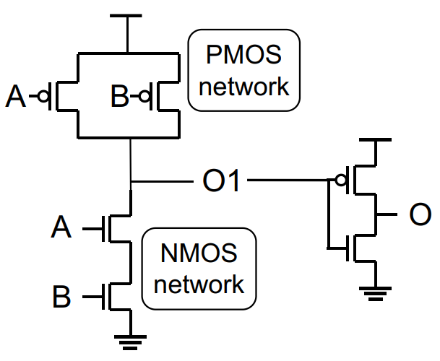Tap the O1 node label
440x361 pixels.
[x=221, y=180]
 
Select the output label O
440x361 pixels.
[x=420, y=214]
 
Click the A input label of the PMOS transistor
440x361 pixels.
[x=16, y=96]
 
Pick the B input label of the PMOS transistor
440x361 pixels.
[x=120, y=96]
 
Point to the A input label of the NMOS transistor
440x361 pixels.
[x=61, y=227]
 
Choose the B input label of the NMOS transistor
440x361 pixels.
[x=61, y=296]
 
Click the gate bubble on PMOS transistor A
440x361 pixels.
[x=43, y=96]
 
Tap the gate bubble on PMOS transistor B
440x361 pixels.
[x=145, y=97]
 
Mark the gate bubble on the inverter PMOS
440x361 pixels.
[x=341, y=180]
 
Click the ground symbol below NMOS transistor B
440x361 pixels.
[x=130, y=342]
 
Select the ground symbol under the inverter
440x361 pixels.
[x=375, y=294]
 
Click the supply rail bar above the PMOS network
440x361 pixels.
[x=126, y=16]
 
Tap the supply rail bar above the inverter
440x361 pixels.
[x=375, y=139]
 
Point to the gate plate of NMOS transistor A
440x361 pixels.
[x=103, y=229]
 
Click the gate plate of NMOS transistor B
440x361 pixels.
[x=103, y=297]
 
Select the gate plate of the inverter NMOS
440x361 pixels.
[x=348, y=248]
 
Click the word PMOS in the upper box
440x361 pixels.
[x=244, y=54]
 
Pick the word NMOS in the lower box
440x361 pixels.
[x=199, y=253]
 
